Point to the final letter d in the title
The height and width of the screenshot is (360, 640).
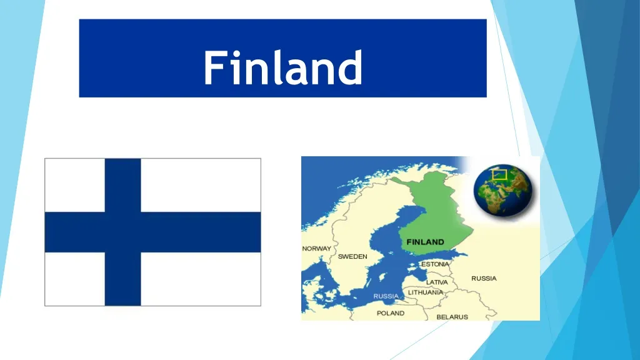point(352,67)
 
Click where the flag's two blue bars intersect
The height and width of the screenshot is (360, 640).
point(122,232)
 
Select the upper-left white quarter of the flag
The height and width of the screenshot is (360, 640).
point(74,185)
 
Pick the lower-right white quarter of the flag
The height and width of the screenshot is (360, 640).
point(201,279)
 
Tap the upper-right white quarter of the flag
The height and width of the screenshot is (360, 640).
point(201,185)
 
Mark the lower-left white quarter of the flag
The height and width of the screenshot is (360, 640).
point(74,279)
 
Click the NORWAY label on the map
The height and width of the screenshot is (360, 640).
point(317,249)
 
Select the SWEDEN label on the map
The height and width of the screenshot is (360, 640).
point(352,257)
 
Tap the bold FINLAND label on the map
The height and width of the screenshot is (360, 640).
point(425,242)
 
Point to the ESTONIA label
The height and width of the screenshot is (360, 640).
point(434,264)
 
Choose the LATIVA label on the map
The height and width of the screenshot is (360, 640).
point(437,282)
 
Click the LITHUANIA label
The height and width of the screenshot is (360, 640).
point(426,292)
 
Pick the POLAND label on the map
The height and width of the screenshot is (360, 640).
point(390,313)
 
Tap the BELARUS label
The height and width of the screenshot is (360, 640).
point(452,317)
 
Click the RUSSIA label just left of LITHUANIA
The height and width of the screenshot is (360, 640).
point(386,296)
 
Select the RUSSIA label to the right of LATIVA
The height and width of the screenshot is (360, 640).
point(484,278)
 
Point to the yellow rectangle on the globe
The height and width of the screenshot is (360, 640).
point(499,174)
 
